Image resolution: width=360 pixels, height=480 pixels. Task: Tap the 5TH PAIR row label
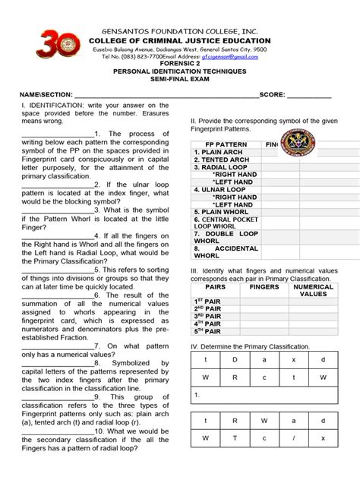(210, 331)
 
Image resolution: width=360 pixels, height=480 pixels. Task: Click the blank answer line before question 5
(53, 269)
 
